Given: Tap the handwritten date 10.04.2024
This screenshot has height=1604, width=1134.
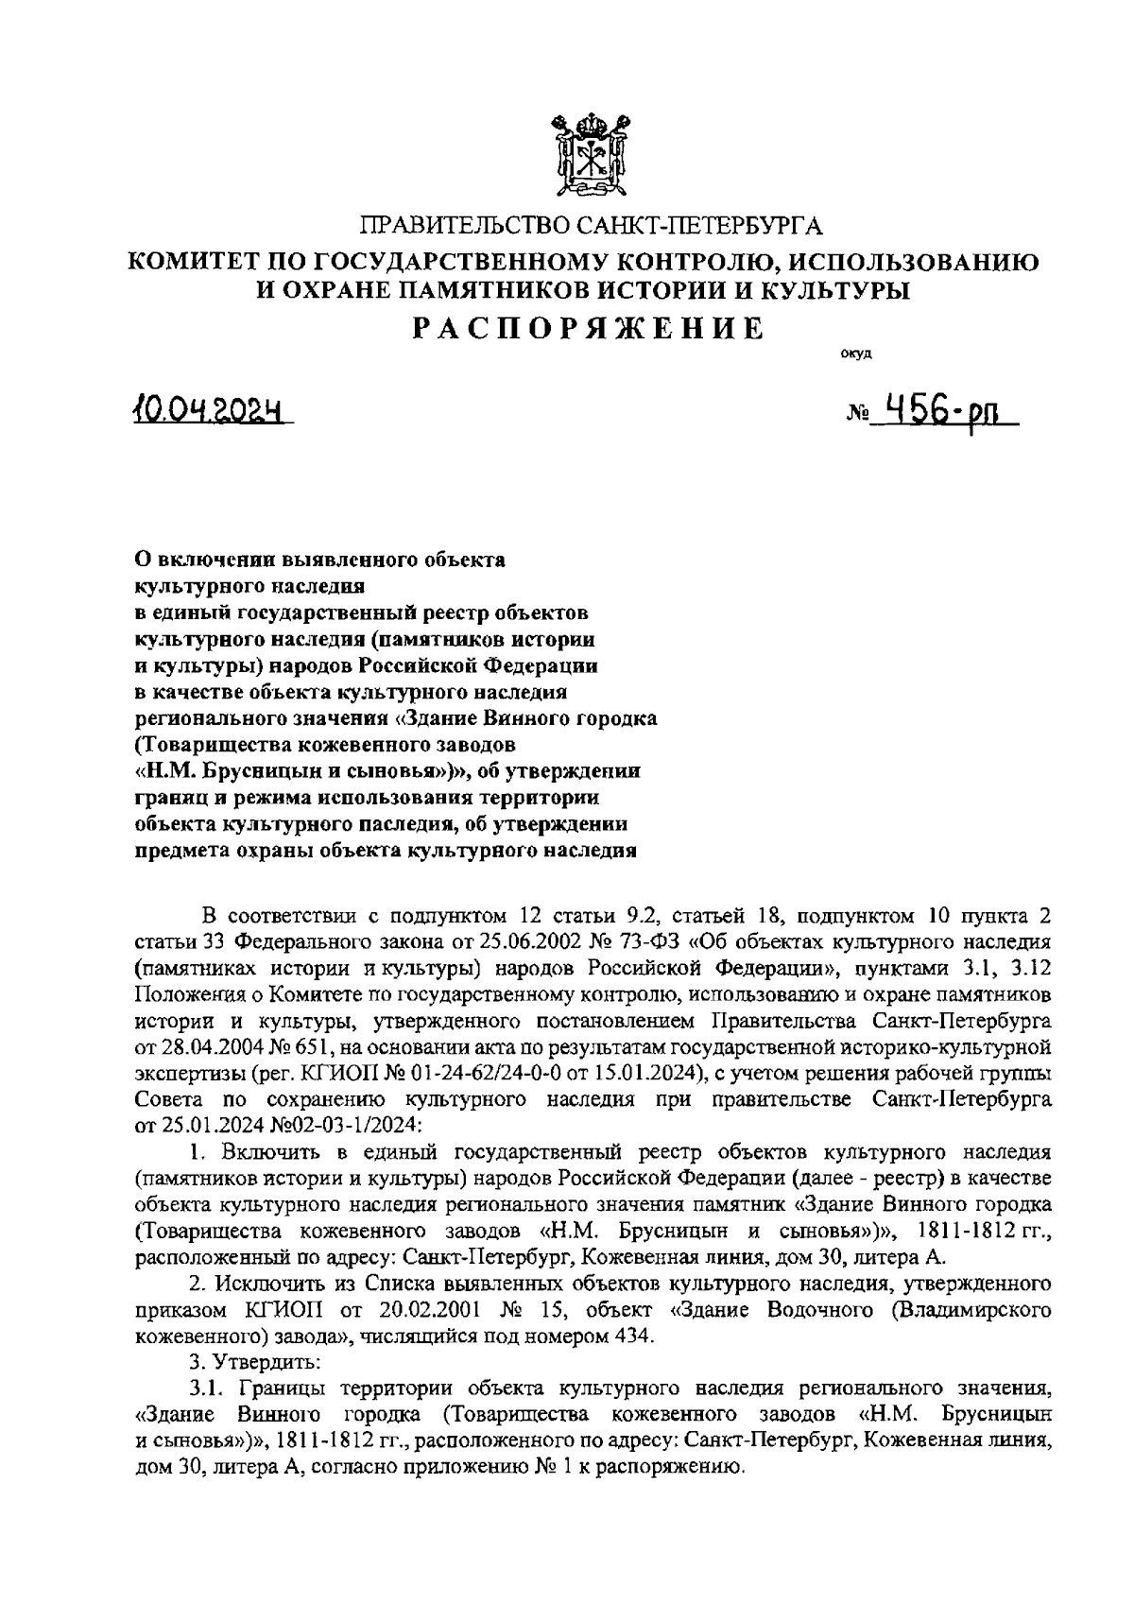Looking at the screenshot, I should click(x=210, y=411).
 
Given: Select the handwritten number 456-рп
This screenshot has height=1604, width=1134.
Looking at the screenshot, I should click(x=939, y=412).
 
